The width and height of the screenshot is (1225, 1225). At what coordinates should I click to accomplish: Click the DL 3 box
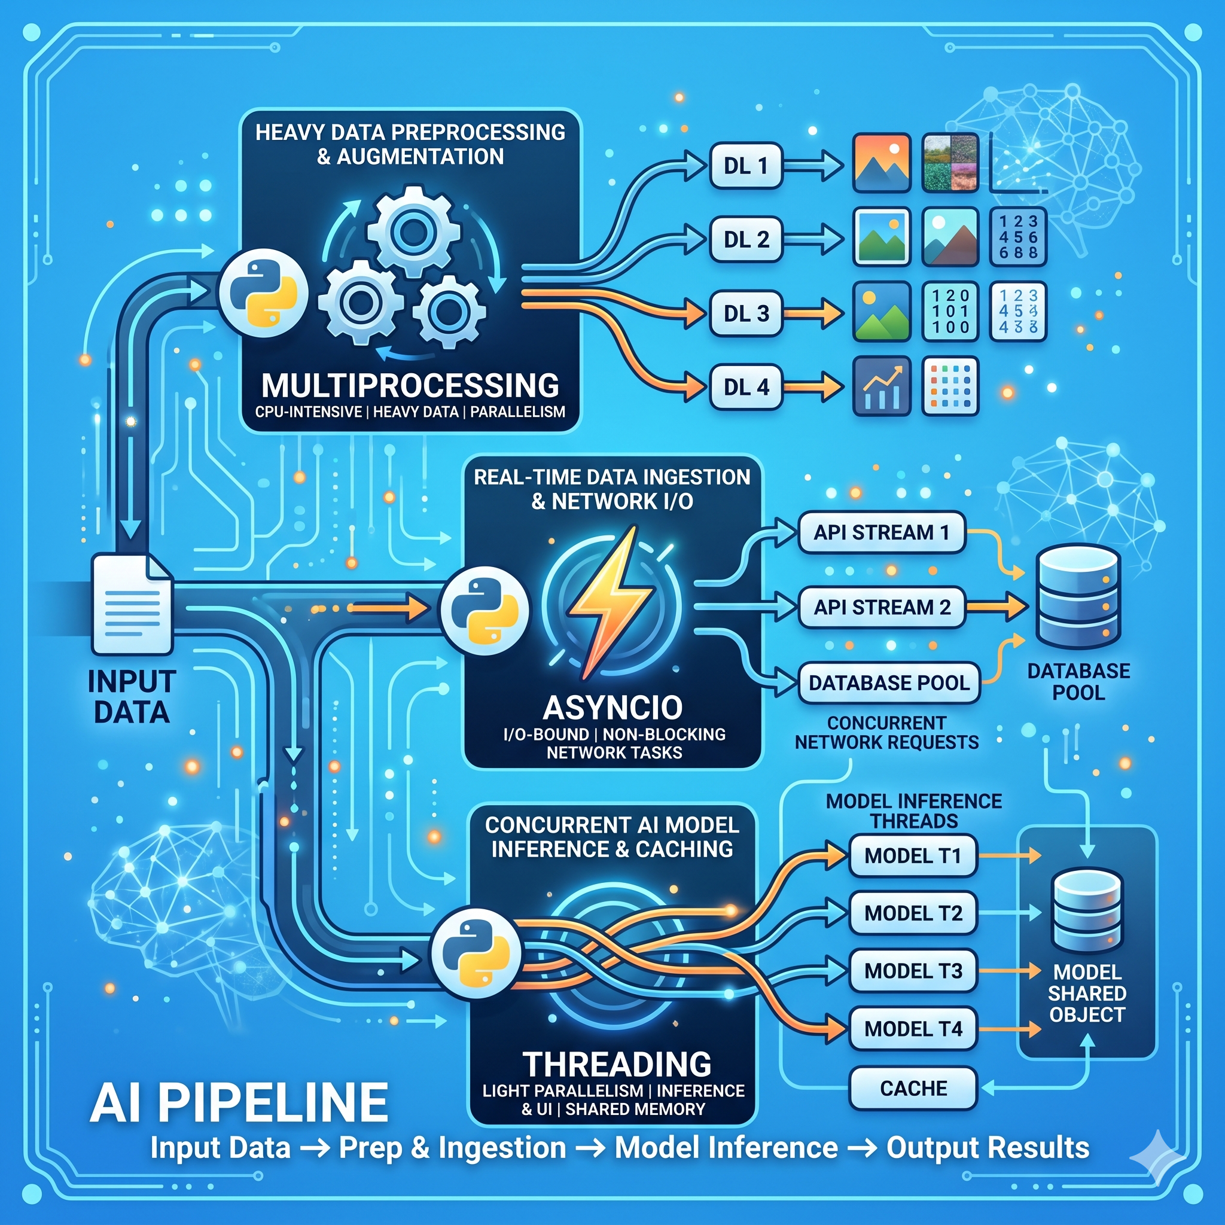[x=746, y=313]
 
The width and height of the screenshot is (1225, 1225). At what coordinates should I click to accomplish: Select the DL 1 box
[x=746, y=166]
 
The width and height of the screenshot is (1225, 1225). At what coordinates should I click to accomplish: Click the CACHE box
[x=912, y=1088]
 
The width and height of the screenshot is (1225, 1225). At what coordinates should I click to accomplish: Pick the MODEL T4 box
[x=912, y=1028]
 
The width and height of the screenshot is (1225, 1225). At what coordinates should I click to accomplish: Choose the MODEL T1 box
[x=912, y=856]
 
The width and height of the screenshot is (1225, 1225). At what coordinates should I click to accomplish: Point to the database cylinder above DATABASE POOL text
[x=1078, y=596]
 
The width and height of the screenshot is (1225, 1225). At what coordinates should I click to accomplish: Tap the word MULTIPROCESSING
[x=410, y=385]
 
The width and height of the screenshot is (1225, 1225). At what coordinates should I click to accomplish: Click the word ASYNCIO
[x=612, y=707]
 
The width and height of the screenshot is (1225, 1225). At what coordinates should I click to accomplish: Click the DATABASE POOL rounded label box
[x=889, y=683]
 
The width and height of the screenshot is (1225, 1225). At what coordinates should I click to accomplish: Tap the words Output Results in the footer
[x=988, y=1148]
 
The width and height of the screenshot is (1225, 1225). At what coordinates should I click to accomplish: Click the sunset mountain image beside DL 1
[x=881, y=163]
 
